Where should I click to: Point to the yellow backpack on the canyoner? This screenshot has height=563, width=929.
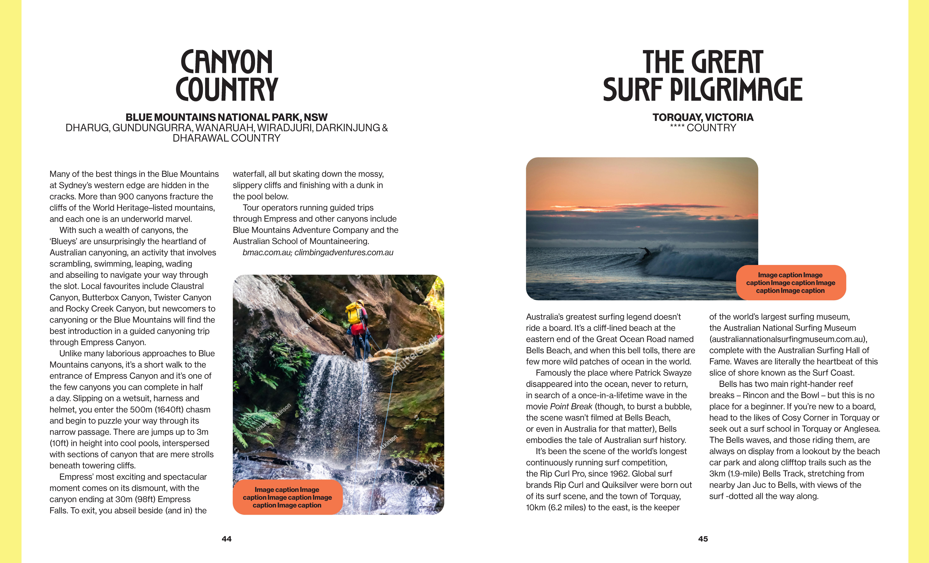(x=354, y=313)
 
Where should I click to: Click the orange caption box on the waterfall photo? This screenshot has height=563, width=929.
(x=287, y=497)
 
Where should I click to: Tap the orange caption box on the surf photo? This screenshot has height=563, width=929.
(x=791, y=282)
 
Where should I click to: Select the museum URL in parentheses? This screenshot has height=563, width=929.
(x=788, y=339)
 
